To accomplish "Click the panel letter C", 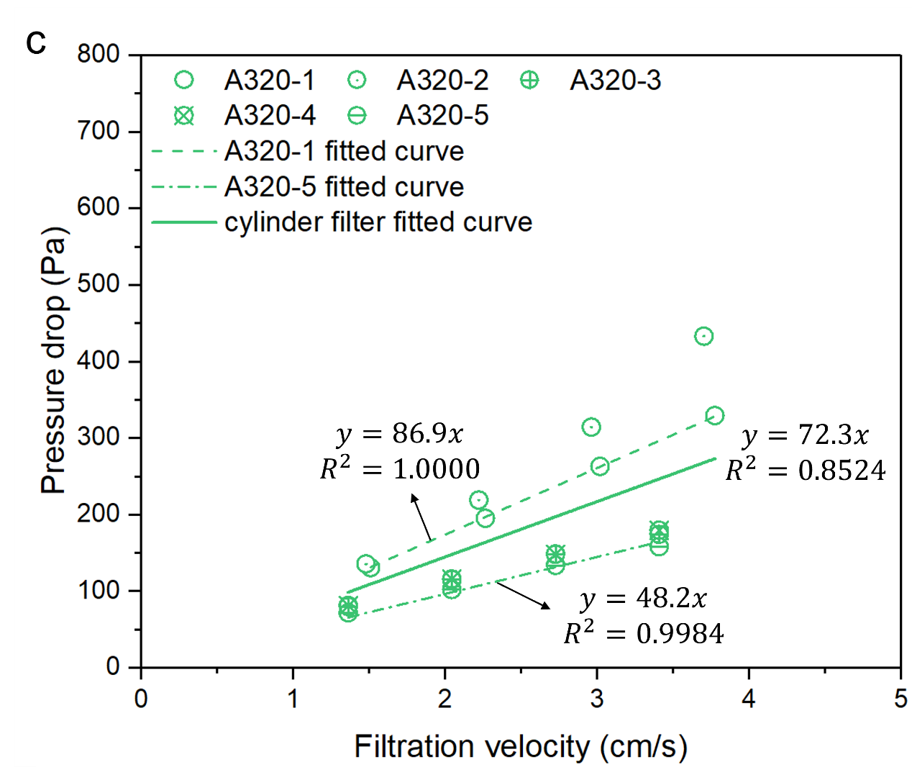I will click(x=36, y=44).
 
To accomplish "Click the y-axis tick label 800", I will click(x=99, y=54).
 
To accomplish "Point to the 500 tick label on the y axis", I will click(x=99, y=284).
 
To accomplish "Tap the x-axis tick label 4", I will click(x=749, y=699).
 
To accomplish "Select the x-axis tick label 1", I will click(x=293, y=699).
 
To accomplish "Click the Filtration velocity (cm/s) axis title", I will click(x=520, y=747).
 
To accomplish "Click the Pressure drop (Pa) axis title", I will click(x=54, y=360).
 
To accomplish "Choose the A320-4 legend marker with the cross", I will click(x=184, y=116).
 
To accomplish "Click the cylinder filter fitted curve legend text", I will click(x=378, y=222).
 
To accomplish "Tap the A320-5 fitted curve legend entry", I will click(x=344, y=187).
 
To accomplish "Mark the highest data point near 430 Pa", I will click(x=704, y=336).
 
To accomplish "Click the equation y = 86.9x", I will click(x=399, y=434).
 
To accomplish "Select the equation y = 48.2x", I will click(x=643, y=599).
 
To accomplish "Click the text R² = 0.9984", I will click(x=644, y=634).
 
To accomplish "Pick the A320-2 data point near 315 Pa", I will click(x=591, y=427).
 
